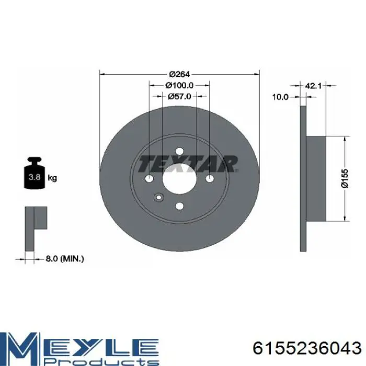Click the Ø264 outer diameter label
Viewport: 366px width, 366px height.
[x=179, y=74]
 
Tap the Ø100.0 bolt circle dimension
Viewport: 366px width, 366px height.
[x=179, y=85]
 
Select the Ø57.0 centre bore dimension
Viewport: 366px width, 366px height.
[x=179, y=96]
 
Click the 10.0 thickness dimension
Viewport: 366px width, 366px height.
[x=281, y=97]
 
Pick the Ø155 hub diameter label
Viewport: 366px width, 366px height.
[x=345, y=178]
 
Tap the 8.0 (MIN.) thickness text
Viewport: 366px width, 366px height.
[x=64, y=259]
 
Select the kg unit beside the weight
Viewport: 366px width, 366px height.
[x=52, y=178]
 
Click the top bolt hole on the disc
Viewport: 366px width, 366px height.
[x=179, y=151]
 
